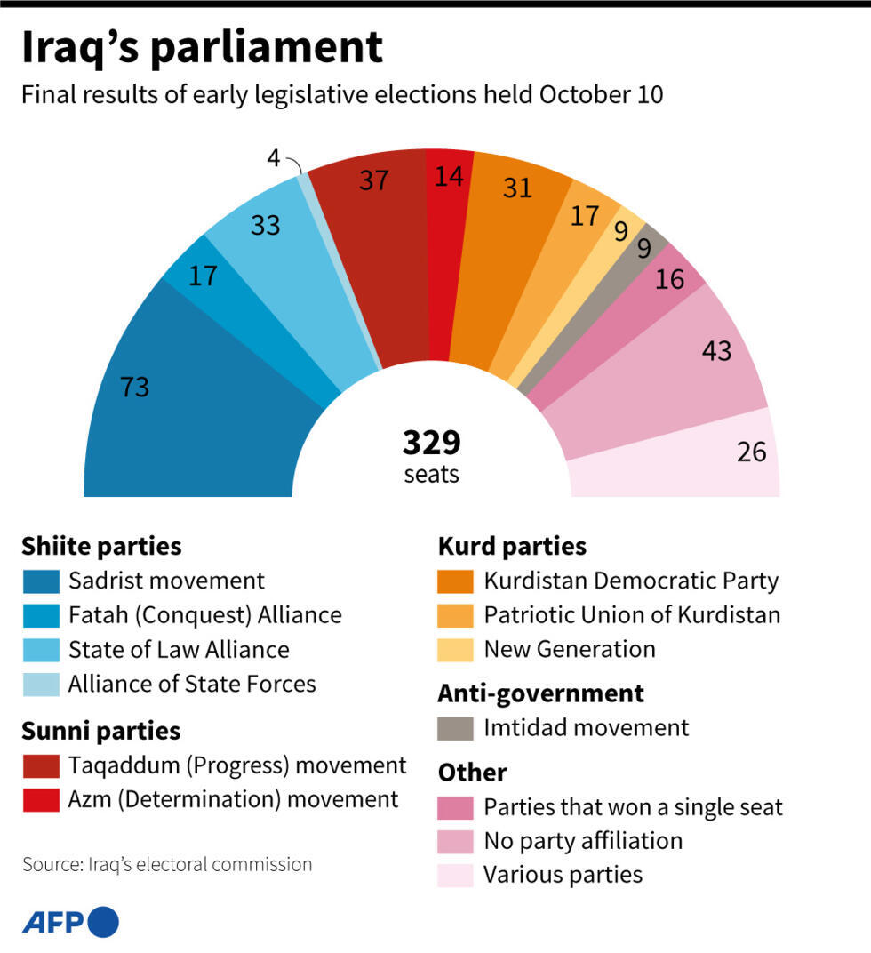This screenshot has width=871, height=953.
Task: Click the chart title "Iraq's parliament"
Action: [203, 48]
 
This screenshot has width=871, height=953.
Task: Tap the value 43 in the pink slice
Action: [716, 350]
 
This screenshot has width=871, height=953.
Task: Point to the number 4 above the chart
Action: [274, 159]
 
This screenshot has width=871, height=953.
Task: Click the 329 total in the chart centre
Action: [432, 442]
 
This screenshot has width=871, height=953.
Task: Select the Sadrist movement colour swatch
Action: [41, 581]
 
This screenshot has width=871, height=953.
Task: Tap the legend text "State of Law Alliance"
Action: [179, 649]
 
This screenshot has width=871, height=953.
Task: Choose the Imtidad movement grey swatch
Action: [456, 728]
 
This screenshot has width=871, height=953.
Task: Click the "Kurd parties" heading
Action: [512, 546]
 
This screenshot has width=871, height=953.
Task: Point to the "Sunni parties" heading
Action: [101, 731]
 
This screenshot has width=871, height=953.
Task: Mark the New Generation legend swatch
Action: [456, 649]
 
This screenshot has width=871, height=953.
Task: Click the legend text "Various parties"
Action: [563, 875]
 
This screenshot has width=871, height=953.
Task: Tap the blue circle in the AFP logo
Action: [103, 922]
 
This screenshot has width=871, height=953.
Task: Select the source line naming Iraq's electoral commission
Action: [167, 864]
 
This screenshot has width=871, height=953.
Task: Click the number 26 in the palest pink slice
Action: [751, 452]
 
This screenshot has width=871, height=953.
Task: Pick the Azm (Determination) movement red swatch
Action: [41, 799]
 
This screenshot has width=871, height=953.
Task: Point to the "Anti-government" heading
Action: [540, 693]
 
